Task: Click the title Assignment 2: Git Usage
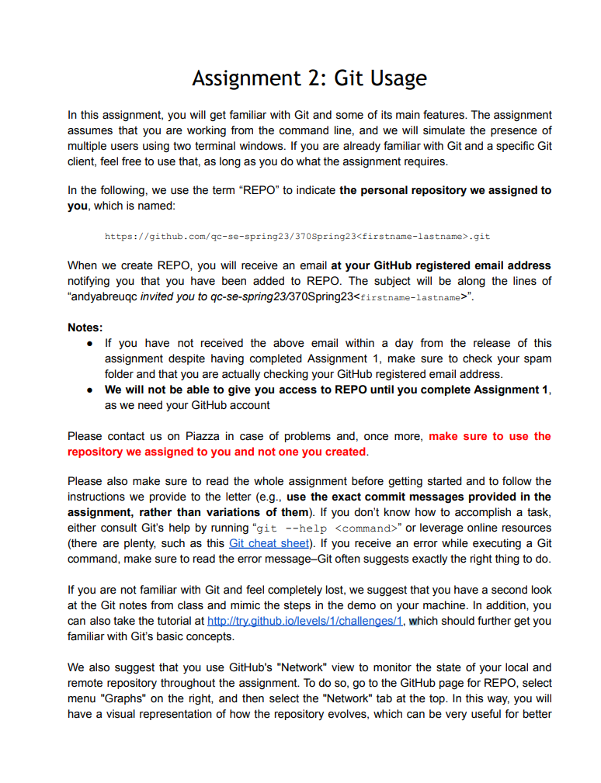(x=309, y=78)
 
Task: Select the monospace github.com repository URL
(x=297, y=237)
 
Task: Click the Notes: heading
(x=85, y=327)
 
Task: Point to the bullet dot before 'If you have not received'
(x=90, y=343)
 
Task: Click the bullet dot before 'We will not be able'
(x=90, y=390)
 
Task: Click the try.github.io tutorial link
(x=304, y=621)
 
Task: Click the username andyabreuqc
(x=103, y=296)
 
